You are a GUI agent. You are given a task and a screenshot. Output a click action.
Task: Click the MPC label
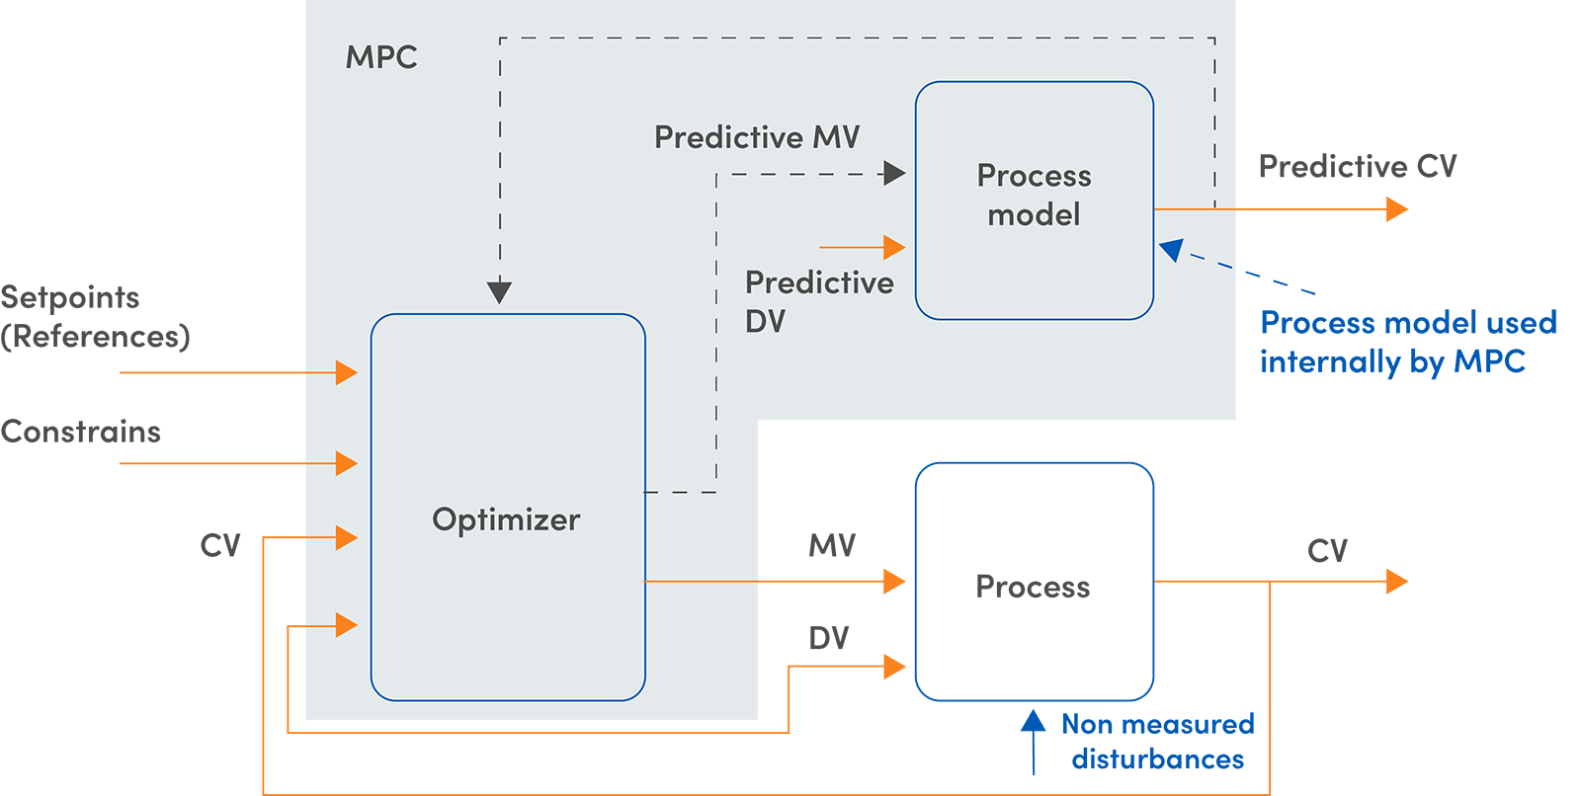(x=381, y=57)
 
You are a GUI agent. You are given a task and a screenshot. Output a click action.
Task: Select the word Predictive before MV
(x=728, y=137)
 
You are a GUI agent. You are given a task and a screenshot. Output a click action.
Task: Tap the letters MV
(x=836, y=137)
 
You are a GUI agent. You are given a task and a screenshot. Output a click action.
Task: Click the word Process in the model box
(x=1034, y=176)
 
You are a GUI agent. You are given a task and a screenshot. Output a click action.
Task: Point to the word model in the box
(x=1034, y=214)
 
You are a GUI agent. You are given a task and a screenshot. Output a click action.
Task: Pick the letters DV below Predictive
(x=765, y=321)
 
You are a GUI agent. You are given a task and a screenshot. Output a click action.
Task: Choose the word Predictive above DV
(x=819, y=282)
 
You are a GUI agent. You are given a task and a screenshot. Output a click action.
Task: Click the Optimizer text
(x=506, y=519)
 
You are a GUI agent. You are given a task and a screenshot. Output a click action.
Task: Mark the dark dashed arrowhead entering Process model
(x=894, y=174)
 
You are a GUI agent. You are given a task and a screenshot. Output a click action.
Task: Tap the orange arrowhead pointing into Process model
(x=894, y=247)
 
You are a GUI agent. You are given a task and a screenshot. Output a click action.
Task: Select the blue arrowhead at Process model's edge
(x=1171, y=250)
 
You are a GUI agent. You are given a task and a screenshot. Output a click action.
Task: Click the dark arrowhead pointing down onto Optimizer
(x=500, y=292)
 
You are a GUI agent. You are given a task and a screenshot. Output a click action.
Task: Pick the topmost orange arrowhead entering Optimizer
(x=346, y=372)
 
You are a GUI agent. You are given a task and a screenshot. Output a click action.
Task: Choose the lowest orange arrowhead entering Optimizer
(x=346, y=625)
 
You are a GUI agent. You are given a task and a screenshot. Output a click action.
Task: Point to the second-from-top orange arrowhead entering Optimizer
(x=346, y=463)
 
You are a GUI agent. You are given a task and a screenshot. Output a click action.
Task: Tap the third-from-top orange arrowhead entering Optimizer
(x=346, y=537)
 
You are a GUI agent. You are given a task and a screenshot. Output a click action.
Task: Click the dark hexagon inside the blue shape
(x=1034, y=585)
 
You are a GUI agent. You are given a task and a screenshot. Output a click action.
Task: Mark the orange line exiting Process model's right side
(x=1194, y=209)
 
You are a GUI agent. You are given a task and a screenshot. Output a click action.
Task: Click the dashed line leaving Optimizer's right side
(x=682, y=492)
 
